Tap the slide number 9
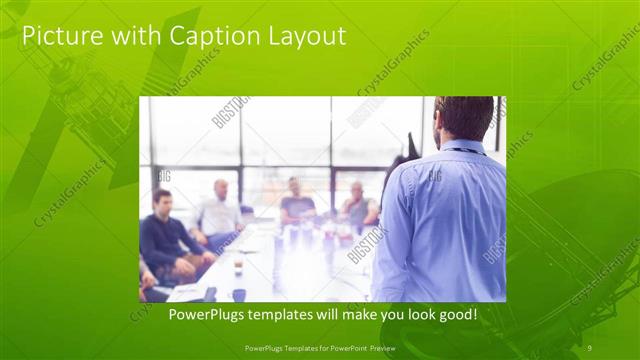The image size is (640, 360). [x=588, y=347]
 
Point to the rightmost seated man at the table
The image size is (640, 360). [x=357, y=205]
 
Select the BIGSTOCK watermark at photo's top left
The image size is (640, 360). [x=231, y=113]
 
